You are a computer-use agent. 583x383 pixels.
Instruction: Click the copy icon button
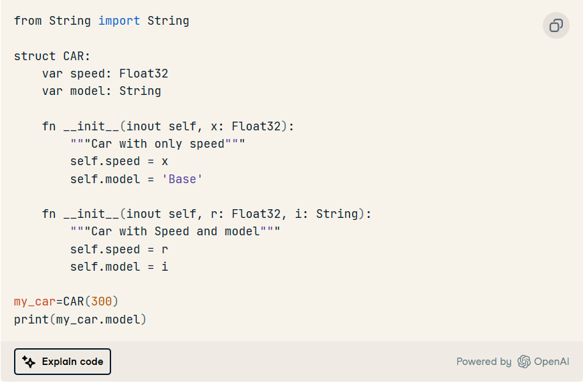(556, 25)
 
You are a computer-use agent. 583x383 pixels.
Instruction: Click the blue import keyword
(119, 21)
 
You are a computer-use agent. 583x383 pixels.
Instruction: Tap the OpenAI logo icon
(524, 362)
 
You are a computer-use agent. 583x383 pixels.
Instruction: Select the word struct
(35, 56)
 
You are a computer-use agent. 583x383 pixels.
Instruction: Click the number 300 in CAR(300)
(102, 301)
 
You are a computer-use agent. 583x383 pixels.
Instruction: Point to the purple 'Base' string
(182, 179)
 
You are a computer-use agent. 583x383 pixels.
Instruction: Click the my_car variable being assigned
(35, 301)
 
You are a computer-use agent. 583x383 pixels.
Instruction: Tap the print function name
(31, 320)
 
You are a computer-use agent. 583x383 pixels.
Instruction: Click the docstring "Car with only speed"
(158, 144)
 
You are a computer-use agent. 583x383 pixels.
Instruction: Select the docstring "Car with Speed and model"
(175, 231)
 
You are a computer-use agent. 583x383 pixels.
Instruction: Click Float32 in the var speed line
(143, 74)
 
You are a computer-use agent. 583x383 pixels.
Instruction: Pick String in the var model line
(140, 91)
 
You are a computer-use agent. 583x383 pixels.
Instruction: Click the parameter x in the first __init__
(215, 127)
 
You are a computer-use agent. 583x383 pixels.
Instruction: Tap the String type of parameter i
(337, 214)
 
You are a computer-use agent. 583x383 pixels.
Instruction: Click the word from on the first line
(28, 21)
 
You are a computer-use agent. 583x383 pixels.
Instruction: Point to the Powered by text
(484, 362)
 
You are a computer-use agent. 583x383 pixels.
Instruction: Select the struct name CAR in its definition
(74, 56)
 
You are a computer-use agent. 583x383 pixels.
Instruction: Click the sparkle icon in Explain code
(29, 362)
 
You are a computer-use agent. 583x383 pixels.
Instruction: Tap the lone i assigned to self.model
(165, 267)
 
